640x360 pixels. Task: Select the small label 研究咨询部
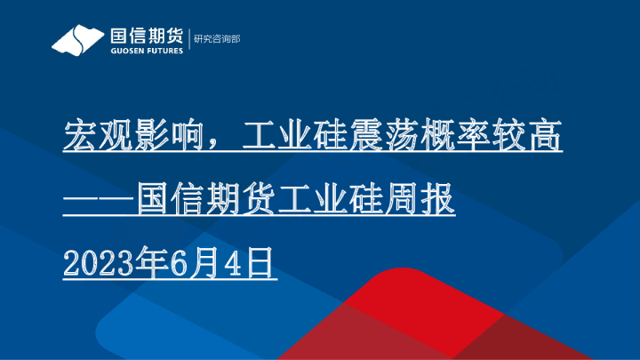click(x=218, y=39)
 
